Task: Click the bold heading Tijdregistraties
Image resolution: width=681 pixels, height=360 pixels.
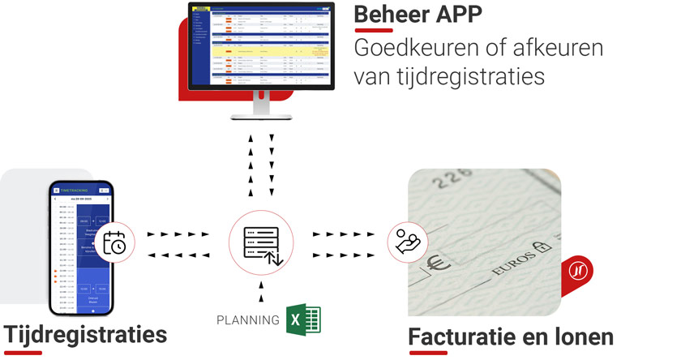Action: (85, 334)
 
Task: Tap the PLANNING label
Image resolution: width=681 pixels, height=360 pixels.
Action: (248, 319)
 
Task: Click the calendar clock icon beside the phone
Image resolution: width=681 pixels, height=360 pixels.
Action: (116, 239)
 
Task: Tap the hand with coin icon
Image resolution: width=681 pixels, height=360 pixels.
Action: (408, 241)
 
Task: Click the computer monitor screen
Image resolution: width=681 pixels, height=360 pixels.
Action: (261, 44)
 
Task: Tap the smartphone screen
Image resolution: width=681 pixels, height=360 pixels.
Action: (80, 251)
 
